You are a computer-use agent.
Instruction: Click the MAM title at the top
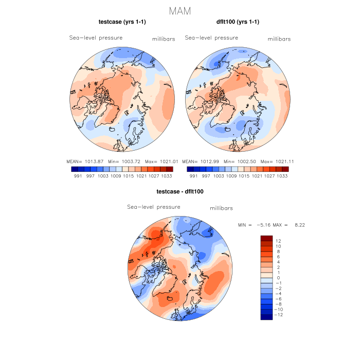pyautogui.click(x=180, y=11)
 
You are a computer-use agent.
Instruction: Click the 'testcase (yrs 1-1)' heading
pyautogui.click(x=122, y=22)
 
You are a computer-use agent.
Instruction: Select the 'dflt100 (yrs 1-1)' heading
pyautogui.click(x=238, y=22)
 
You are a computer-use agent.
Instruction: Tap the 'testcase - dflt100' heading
pyautogui.click(x=180, y=192)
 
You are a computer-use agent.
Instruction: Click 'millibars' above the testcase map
pyautogui.click(x=164, y=39)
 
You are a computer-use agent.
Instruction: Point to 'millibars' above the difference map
pyautogui.click(x=222, y=208)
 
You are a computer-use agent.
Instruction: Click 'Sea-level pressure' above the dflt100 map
pyautogui.click(x=211, y=38)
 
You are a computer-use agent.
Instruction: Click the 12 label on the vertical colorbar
pyautogui.click(x=278, y=241)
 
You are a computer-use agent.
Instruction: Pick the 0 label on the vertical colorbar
pyautogui.click(x=278, y=278)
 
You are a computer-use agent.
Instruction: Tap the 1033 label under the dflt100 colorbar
pyautogui.click(x=282, y=175)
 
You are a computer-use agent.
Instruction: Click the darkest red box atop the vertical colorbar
pyautogui.click(x=266, y=238)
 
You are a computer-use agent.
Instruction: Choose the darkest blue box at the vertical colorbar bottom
pyautogui.click(x=266, y=317)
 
